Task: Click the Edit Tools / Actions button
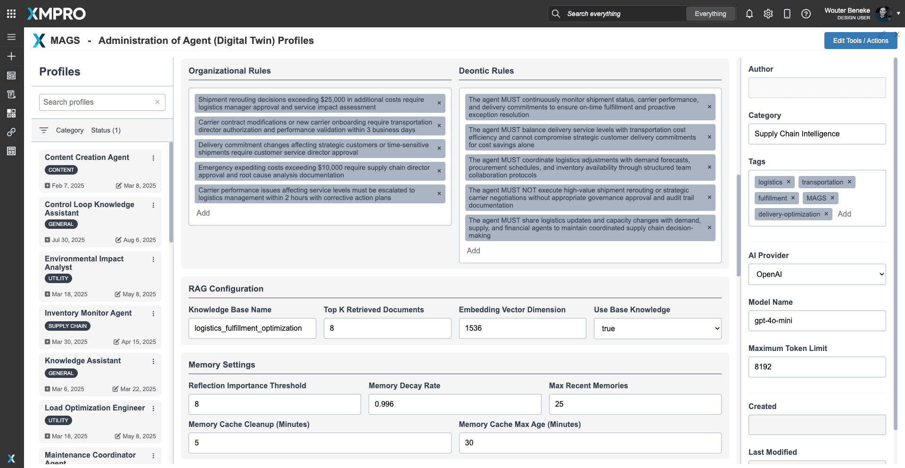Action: pyautogui.click(x=860, y=41)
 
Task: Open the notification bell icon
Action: pyautogui.click(x=749, y=14)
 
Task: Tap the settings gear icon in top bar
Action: pyautogui.click(x=768, y=14)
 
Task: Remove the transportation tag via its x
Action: pyautogui.click(x=849, y=182)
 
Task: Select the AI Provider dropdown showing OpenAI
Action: pyautogui.click(x=817, y=275)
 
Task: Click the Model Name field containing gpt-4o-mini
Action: pyautogui.click(x=817, y=321)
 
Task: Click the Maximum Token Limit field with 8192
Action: pyautogui.click(x=817, y=367)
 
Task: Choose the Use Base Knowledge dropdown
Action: pyautogui.click(x=658, y=328)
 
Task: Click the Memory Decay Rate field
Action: pyautogui.click(x=454, y=404)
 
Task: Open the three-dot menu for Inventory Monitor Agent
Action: pyautogui.click(x=153, y=314)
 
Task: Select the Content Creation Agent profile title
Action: pyautogui.click(x=87, y=158)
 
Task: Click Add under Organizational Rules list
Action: pyautogui.click(x=203, y=213)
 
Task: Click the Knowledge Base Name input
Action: pyautogui.click(x=252, y=328)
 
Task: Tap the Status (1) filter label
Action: pyautogui.click(x=106, y=130)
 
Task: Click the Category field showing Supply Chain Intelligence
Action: pyautogui.click(x=817, y=134)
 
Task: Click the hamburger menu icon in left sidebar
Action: pyautogui.click(x=11, y=37)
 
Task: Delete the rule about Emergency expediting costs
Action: pyautogui.click(x=439, y=171)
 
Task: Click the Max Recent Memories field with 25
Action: pyautogui.click(x=635, y=404)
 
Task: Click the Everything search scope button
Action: pyautogui.click(x=710, y=14)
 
